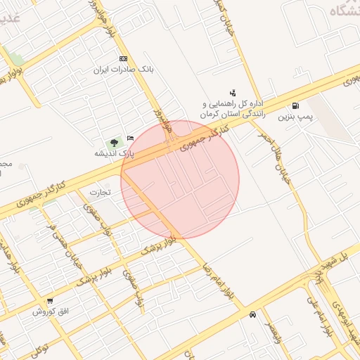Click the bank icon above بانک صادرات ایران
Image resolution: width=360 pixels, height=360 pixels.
click(x=124, y=59)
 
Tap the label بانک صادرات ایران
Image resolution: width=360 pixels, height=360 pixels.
click(x=124, y=70)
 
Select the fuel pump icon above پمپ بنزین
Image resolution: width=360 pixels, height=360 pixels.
click(x=304, y=106)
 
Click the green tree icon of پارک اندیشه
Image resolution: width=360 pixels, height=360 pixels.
click(x=114, y=143)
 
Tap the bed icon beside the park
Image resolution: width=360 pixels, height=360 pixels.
click(x=129, y=137)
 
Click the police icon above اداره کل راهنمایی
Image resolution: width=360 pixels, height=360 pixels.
click(x=233, y=92)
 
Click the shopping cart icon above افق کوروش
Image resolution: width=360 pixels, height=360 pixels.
click(x=49, y=300)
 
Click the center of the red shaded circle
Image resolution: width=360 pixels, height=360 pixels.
click(x=180, y=179)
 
